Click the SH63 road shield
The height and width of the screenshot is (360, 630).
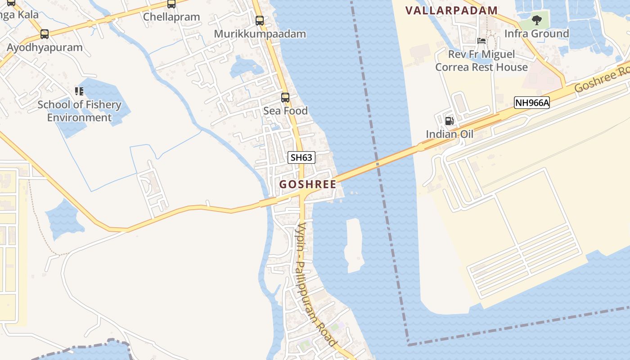pos(301,157)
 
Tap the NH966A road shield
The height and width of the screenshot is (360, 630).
pos(532,103)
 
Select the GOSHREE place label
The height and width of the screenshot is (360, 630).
pos(308,184)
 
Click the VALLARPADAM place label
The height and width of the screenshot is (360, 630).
pos(451,10)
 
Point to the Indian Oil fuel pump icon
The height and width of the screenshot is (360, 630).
pos(449,121)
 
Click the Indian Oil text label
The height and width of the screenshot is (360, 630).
pos(450,134)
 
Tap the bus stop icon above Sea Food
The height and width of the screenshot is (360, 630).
pos(285,97)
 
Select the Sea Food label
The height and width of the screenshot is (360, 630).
pos(285,111)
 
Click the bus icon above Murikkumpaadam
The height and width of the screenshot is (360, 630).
pos(260,20)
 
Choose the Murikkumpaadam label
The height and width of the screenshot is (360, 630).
pos(260,34)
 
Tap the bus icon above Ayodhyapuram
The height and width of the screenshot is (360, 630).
pos(45,34)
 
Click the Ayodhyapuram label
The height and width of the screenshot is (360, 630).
pos(45,47)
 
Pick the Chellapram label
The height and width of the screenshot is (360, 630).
pos(171,17)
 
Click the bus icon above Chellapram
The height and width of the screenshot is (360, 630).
pos(171,4)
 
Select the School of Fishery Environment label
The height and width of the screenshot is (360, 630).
pos(79,111)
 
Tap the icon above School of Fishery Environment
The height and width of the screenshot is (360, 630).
pos(79,91)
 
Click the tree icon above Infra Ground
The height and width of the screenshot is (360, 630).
pos(536,20)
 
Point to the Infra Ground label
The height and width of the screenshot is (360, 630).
pos(536,34)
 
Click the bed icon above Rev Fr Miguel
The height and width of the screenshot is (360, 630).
pos(481,41)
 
